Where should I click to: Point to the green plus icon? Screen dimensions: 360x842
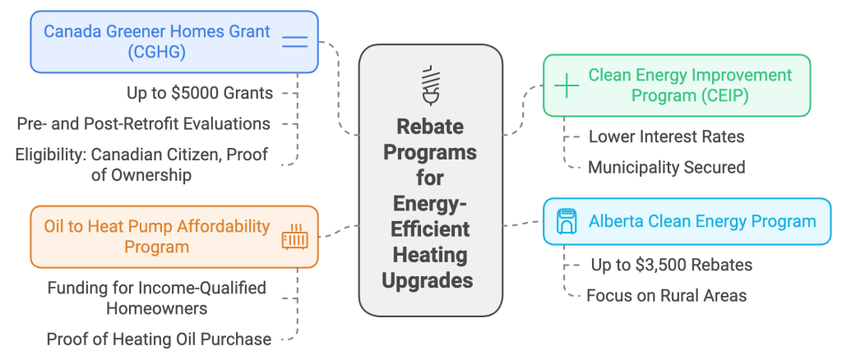click(567, 86)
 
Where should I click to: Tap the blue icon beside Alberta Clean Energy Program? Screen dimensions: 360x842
click(566, 221)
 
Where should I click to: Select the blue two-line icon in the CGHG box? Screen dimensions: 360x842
click(294, 42)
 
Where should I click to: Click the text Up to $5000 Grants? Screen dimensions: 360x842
click(200, 93)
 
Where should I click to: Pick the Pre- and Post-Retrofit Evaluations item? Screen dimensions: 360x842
click(144, 123)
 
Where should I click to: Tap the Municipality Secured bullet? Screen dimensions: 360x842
click(666, 167)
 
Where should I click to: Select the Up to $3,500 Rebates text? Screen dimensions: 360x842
click(672, 265)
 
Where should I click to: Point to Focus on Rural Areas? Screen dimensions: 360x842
click(666, 295)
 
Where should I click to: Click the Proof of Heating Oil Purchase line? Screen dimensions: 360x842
click(159, 339)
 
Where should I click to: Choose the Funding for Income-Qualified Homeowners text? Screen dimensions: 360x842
click(156, 298)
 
